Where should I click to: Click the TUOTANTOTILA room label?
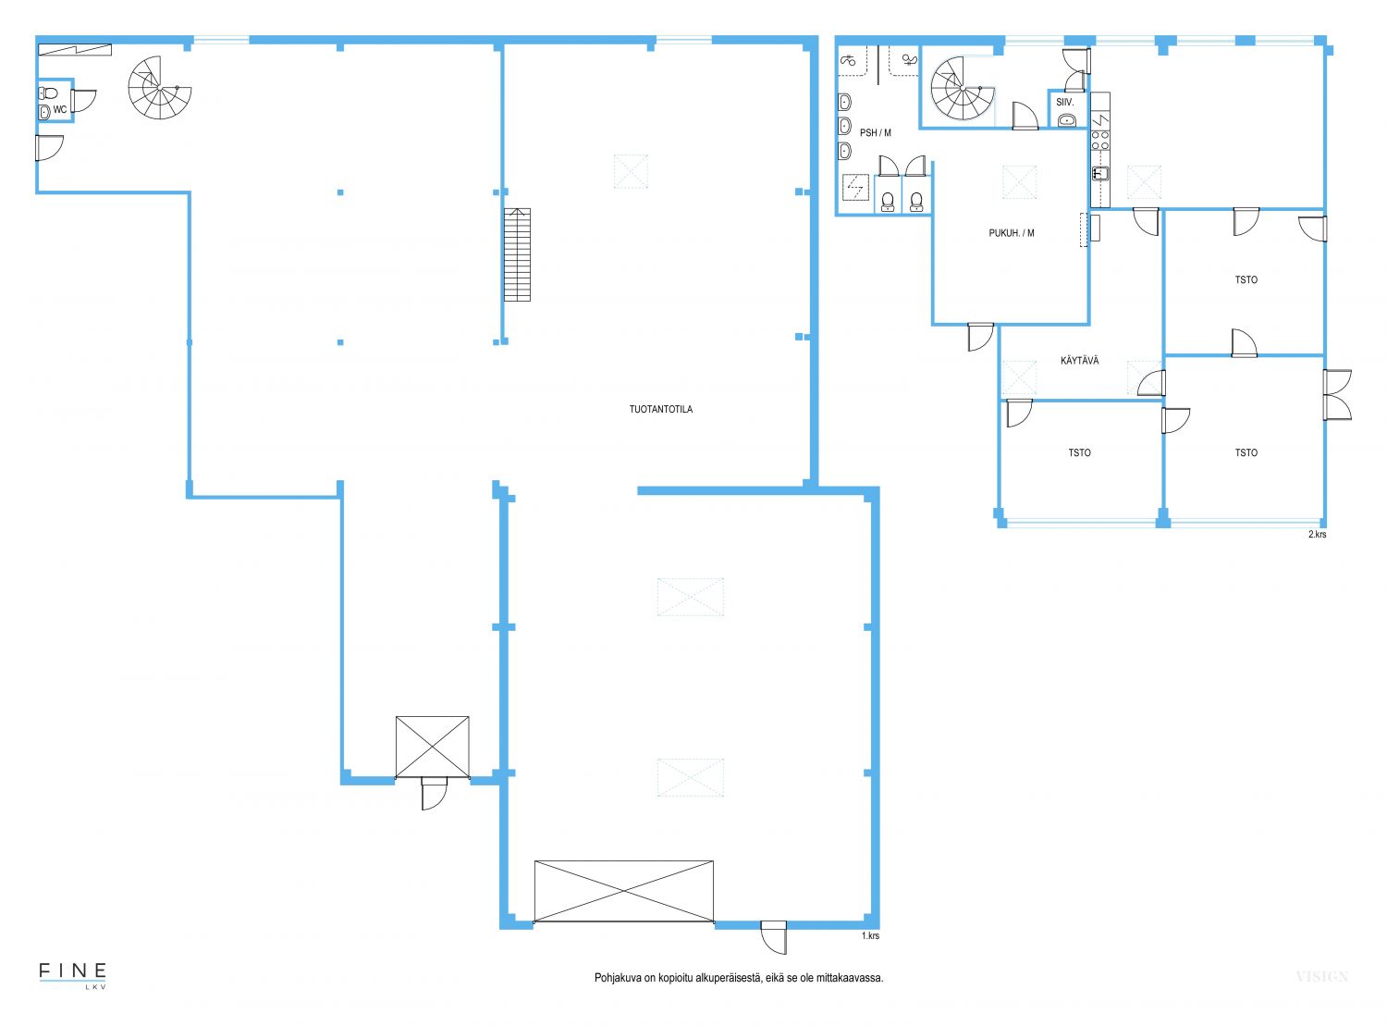660,409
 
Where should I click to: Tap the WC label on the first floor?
60,109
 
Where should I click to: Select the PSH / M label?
875,132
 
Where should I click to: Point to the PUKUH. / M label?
1012,233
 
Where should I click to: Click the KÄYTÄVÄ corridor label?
1079,361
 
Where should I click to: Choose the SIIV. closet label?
1064,102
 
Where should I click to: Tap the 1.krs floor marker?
870,936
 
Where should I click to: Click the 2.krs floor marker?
1317,534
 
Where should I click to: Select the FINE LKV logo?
72,976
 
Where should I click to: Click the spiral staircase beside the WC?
159,88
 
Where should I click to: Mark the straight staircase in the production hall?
517,254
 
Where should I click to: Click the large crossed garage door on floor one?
623,892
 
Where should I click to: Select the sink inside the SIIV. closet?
1067,120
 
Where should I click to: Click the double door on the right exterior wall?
1337,395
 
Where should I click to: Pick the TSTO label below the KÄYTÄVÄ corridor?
1079,452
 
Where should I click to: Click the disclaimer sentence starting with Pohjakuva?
739,978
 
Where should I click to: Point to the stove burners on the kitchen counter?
1100,140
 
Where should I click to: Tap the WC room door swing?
83,101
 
